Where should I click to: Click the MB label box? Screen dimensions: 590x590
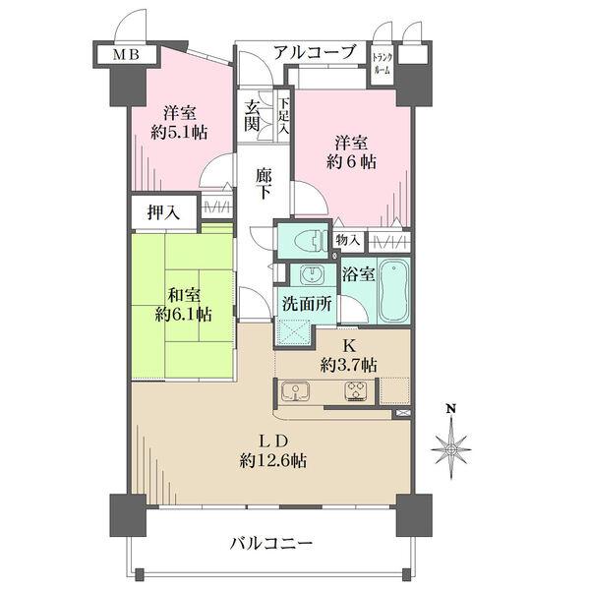(124, 54)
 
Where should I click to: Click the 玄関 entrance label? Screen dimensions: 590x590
(253, 116)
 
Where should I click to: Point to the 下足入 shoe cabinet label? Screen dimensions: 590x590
(284, 116)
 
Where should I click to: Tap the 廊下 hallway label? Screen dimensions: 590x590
(263, 183)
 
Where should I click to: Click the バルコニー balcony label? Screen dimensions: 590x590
(271, 543)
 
